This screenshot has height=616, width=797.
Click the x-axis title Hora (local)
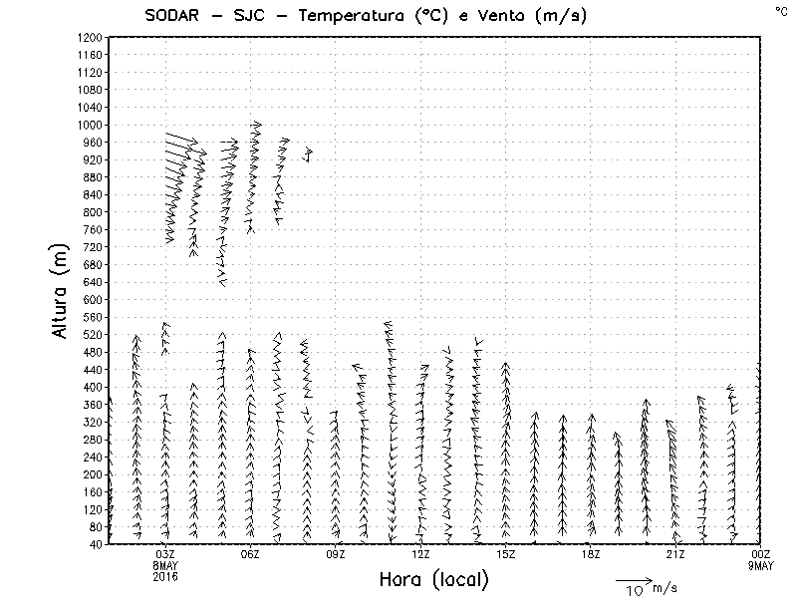(433, 579)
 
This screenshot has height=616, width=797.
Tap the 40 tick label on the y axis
(96, 544)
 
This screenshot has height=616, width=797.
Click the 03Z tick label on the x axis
(165, 554)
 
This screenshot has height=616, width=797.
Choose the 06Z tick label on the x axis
(250, 554)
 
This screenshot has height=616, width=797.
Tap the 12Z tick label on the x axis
(420, 554)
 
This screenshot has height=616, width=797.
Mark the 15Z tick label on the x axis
(505, 554)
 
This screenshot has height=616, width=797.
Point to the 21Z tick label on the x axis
(675, 554)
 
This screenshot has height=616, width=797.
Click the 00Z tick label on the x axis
(760, 554)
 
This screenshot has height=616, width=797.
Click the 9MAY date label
(760, 564)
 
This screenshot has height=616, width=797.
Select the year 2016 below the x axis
(165, 574)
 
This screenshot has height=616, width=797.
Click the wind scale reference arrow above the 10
(633, 578)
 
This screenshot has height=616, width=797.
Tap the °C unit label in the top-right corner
(781, 10)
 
